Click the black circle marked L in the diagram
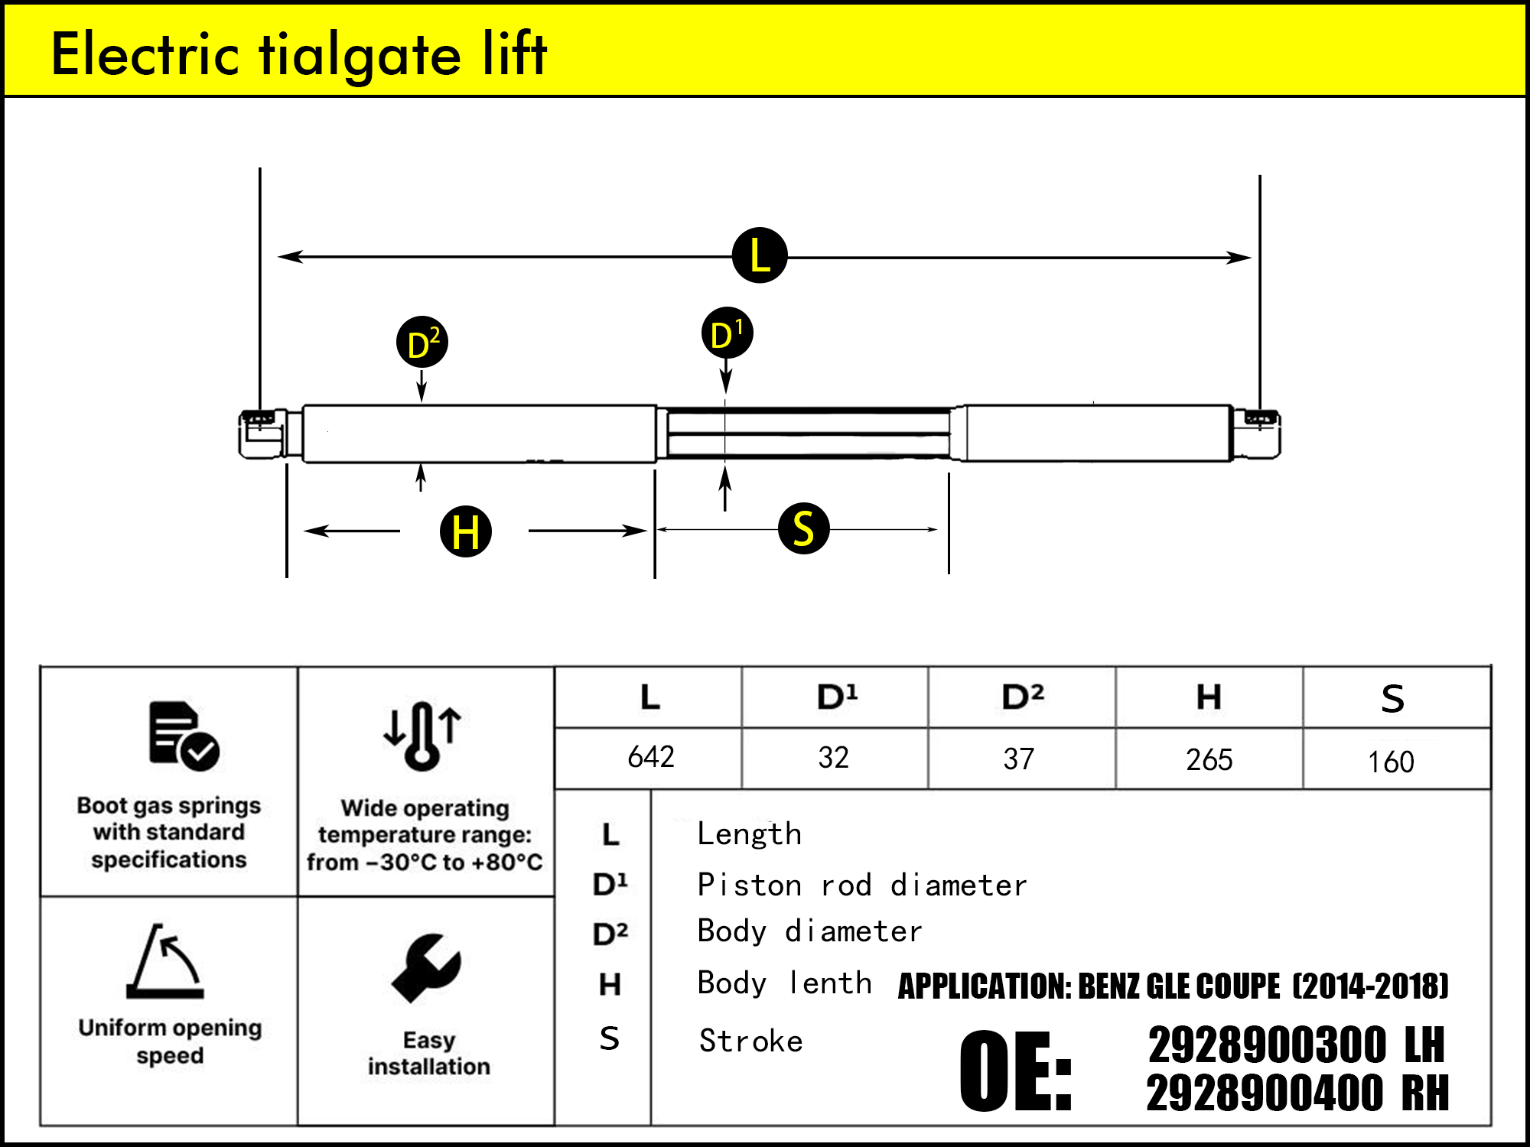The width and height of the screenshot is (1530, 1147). tap(759, 255)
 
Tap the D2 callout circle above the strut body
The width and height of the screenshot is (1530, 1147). tap(422, 342)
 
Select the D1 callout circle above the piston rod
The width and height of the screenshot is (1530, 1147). tap(727, 333)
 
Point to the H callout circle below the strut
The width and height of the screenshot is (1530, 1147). tap(466, 531)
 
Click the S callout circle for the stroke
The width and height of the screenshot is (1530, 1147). tap(803, 528)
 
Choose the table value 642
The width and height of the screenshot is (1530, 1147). tap(651, 757)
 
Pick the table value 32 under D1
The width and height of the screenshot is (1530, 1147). tap(833, 758)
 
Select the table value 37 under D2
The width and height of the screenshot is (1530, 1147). tap(1018, 759)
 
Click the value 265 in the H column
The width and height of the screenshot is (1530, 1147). tap(1209, 760)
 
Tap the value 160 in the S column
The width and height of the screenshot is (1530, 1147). tap(1391, 762)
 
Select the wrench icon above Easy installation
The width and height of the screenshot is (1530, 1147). tap(426, 967)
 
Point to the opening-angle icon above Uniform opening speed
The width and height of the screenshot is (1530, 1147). tap(166, 962)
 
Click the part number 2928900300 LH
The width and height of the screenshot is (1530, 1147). tap(1297, 1045)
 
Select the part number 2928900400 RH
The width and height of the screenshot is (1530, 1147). tap(1297, 1093)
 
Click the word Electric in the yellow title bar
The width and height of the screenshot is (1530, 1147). tap(145, 55)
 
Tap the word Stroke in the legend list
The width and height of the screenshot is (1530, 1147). tap(750, 1041)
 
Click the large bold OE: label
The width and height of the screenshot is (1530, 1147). tap(1015, 1071)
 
